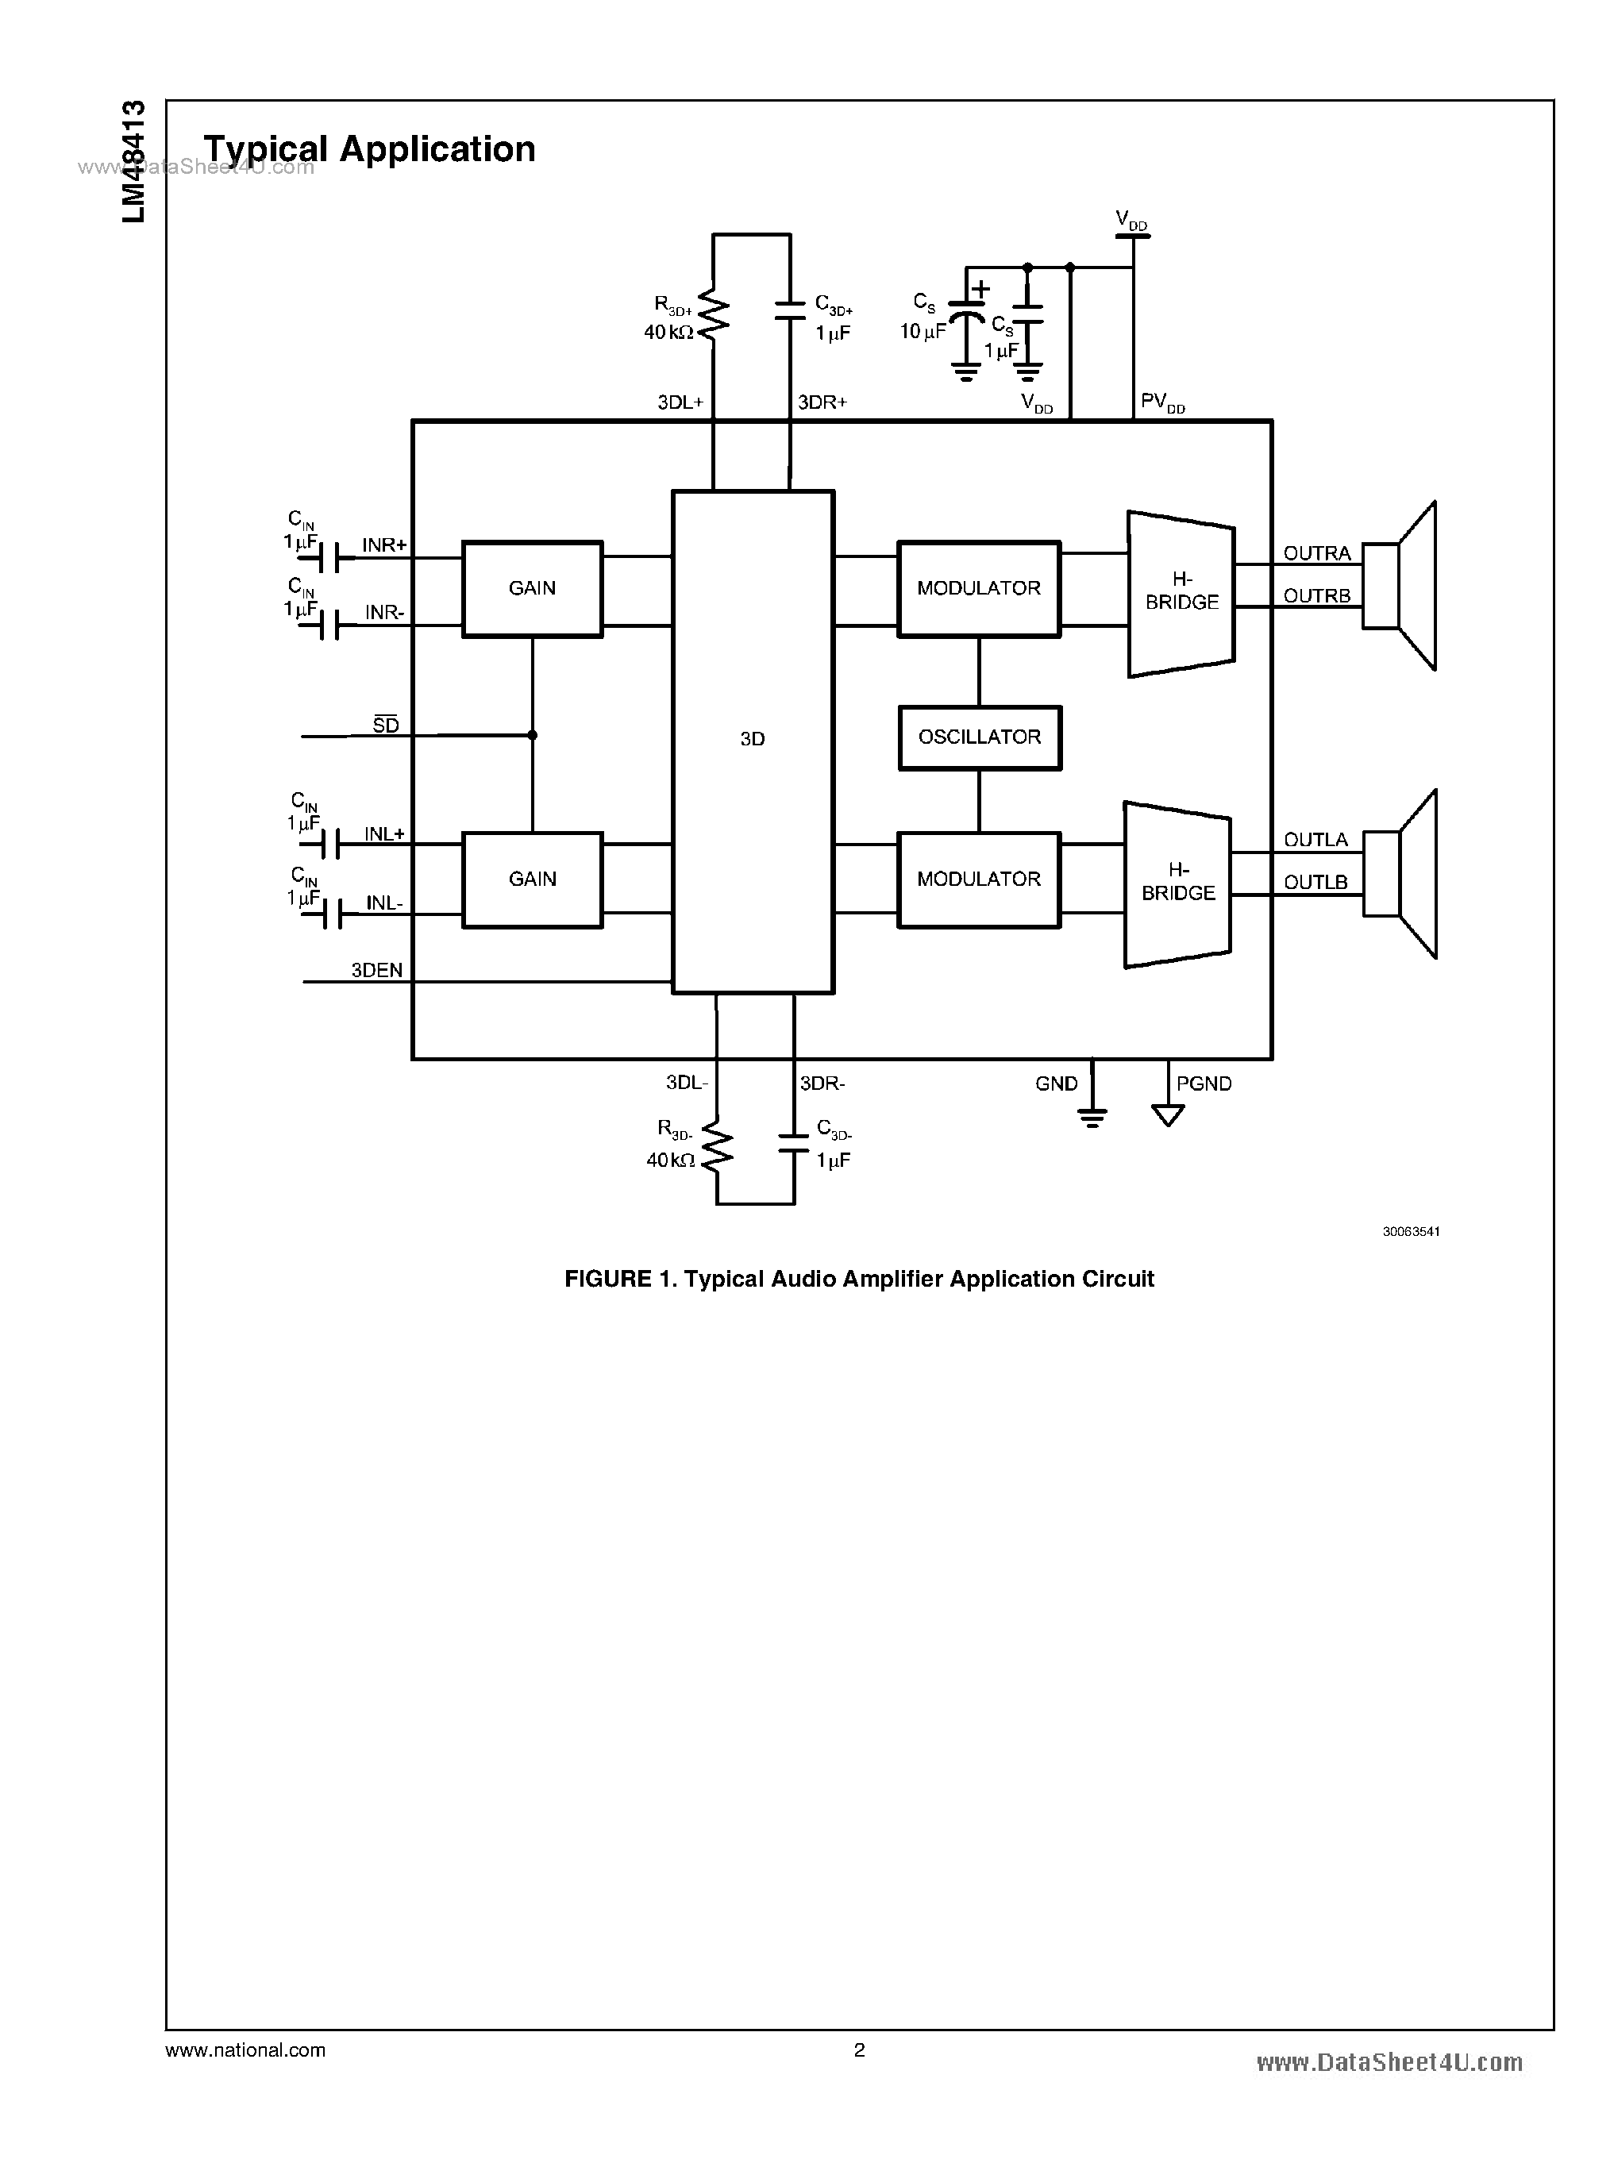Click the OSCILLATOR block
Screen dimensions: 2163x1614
[x=979, y=737]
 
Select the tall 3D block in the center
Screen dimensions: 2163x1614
[x=753, y=741]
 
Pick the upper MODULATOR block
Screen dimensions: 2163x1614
[x=978, y=588]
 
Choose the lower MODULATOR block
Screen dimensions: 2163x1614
[x=978, y=879]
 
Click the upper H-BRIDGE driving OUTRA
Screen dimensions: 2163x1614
[x=1181, y=593]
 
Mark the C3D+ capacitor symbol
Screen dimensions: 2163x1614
[x=789, y=310]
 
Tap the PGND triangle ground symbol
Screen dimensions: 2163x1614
[x=1168, y=1114]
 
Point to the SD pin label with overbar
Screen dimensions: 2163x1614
[x=386, y=725]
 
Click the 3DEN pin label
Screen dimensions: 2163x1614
[x=376, y=970]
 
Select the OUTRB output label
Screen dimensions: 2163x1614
[x=1316, y=596]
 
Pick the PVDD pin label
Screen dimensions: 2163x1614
[x=1161, y=402]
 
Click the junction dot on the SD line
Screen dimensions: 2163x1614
[x=533, y=735]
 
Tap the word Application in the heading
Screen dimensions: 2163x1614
[x=437, y=149]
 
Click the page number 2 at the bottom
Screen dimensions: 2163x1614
[x=859, y=2049]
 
